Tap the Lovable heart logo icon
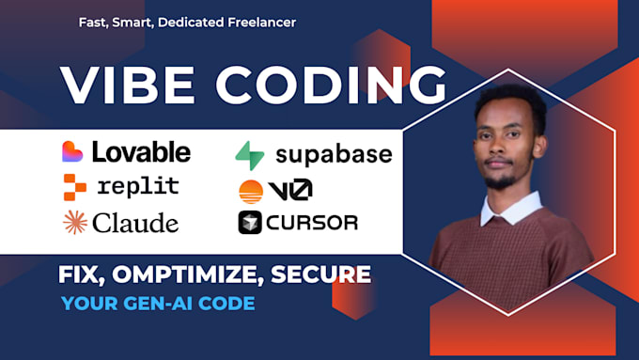click(x=72, y=150)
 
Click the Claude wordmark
click(x=133, y=223)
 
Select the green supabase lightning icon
click(x=250, y=153)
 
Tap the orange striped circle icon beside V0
click(x=251, y=190)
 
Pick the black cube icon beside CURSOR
click(x=250, y=223)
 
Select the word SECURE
click(x=324, y=275)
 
